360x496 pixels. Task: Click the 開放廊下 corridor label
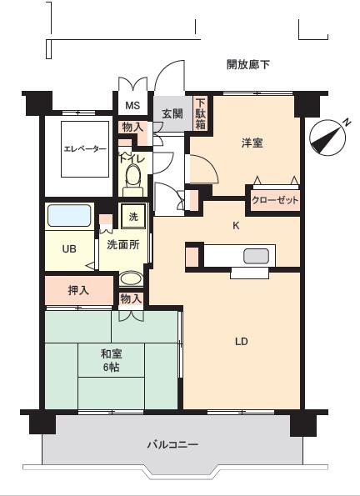(248, 64)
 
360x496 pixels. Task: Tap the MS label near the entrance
(132, 106)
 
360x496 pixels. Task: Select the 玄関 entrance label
(172, 113)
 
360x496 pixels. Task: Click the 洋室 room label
(252, 143)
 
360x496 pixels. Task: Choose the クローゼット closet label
(275, 201)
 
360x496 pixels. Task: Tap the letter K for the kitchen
(236, 225)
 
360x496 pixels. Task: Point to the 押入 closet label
(77, 291)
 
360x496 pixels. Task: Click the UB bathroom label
(70, 248)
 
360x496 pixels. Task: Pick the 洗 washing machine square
(132, 217)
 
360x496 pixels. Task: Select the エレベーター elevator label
(85, 149)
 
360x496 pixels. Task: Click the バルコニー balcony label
(172, 445)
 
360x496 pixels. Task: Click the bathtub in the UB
(70, 216)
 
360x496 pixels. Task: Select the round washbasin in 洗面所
(130, 279)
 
